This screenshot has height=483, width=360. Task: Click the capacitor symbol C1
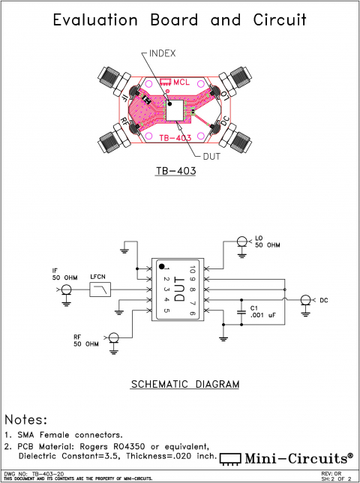coord(241,307)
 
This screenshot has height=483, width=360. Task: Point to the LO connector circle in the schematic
coord(242,241)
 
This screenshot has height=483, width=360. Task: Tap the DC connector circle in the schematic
coord(304,300)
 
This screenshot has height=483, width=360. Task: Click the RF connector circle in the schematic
coord(114,338)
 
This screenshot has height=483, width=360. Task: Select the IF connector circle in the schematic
coord(66,290)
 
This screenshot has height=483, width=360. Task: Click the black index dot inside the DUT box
coord(161,265)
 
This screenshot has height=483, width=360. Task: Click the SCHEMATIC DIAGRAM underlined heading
coord(185,384)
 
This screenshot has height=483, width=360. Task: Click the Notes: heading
coord(26,419)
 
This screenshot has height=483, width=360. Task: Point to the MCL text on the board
coord(181,83)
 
